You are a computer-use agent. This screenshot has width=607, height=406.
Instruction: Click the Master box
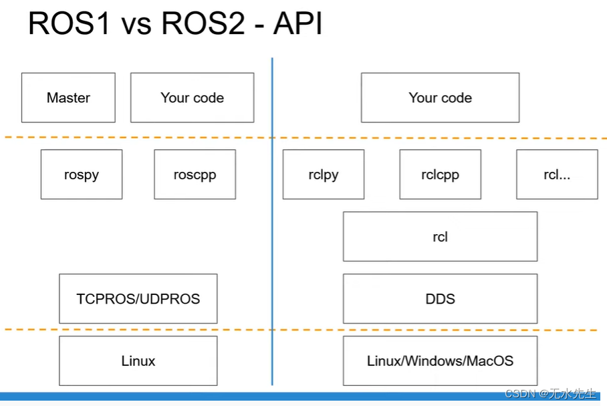click(68, 98)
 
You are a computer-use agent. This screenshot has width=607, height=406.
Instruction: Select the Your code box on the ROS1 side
click(192, 98)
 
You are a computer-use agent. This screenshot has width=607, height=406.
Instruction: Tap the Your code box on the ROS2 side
click(440, 98)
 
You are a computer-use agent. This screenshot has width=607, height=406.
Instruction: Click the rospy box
click(82, 175)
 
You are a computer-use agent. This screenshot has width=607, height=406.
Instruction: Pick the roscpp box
click(195, 175)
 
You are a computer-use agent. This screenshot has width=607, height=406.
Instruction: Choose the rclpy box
click(324, 175)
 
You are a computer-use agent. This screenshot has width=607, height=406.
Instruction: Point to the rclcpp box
click(440, 175)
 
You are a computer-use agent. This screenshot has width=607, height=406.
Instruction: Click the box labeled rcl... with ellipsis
click(557, 175)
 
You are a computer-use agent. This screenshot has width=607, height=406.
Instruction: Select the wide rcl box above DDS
click(440, 237)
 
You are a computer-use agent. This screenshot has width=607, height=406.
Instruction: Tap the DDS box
click(440, 298)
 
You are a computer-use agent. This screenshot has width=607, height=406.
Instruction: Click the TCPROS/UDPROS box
click(138, 298)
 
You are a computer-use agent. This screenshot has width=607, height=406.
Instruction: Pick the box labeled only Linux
click(138, 361)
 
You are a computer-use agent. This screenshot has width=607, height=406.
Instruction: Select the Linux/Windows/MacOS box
click(440, 361)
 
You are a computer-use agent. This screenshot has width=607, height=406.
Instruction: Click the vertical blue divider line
click(272, 221)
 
